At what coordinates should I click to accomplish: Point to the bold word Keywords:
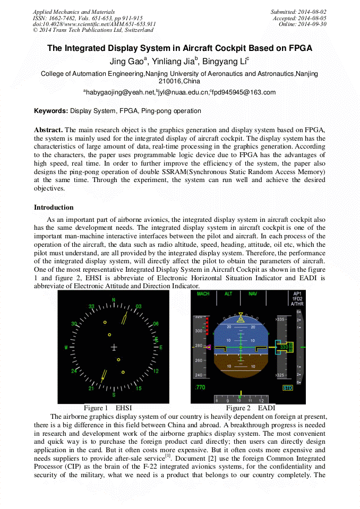coord(51,111)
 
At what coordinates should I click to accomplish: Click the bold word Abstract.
coord(48,130)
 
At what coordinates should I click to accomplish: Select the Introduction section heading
coord(54,207)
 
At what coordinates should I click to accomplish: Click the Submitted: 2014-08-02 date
coord(298,12)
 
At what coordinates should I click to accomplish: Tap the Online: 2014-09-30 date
coord(302,24)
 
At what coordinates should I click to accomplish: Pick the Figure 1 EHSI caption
coord(108,408)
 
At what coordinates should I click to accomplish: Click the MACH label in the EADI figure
coord(203,294)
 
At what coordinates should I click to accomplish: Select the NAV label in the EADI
coord(253,294)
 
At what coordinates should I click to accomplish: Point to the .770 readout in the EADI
coord(200,387)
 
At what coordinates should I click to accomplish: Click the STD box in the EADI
coord(287,388)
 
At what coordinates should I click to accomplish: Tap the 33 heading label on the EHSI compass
coord(91,307)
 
